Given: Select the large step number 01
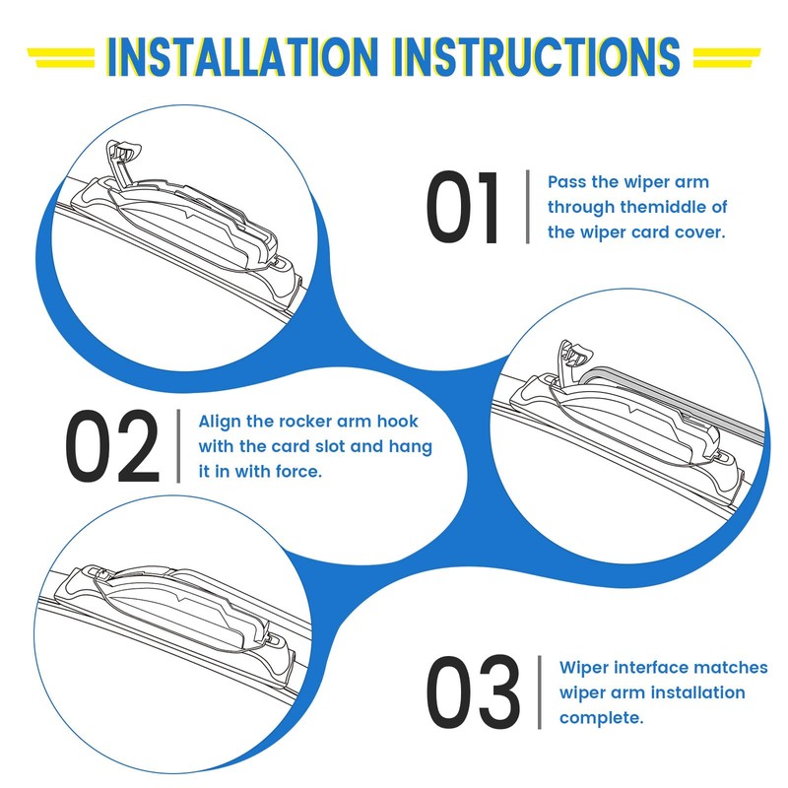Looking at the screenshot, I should [x=462, y=208].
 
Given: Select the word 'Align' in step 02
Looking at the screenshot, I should [x=221, y=422].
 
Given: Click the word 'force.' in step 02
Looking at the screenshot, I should [x=299, y=472].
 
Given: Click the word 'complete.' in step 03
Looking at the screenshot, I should [x=601, y=717].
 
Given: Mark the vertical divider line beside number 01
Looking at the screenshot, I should [x=528, y=208].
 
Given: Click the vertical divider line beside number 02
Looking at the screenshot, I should [x=178, y=446].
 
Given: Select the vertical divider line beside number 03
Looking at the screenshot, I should [x=540, y=692].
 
